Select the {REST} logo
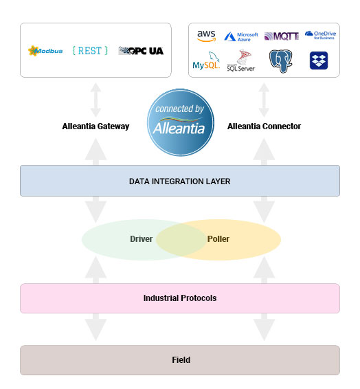pos(91,51)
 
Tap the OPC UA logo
pos(141,51)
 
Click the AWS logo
pos(205,36)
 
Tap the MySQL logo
pos(205,63)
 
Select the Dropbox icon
pos(319,60)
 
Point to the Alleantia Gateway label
pos(95,126)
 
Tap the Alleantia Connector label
pos(264,126)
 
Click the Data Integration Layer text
pos(179,181)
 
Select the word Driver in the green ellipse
pos(141,239)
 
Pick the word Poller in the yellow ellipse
pos(218,239)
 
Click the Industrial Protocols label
pos(179,298)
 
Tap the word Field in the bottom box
pos(181,360)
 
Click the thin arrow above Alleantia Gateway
pos(95,100)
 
